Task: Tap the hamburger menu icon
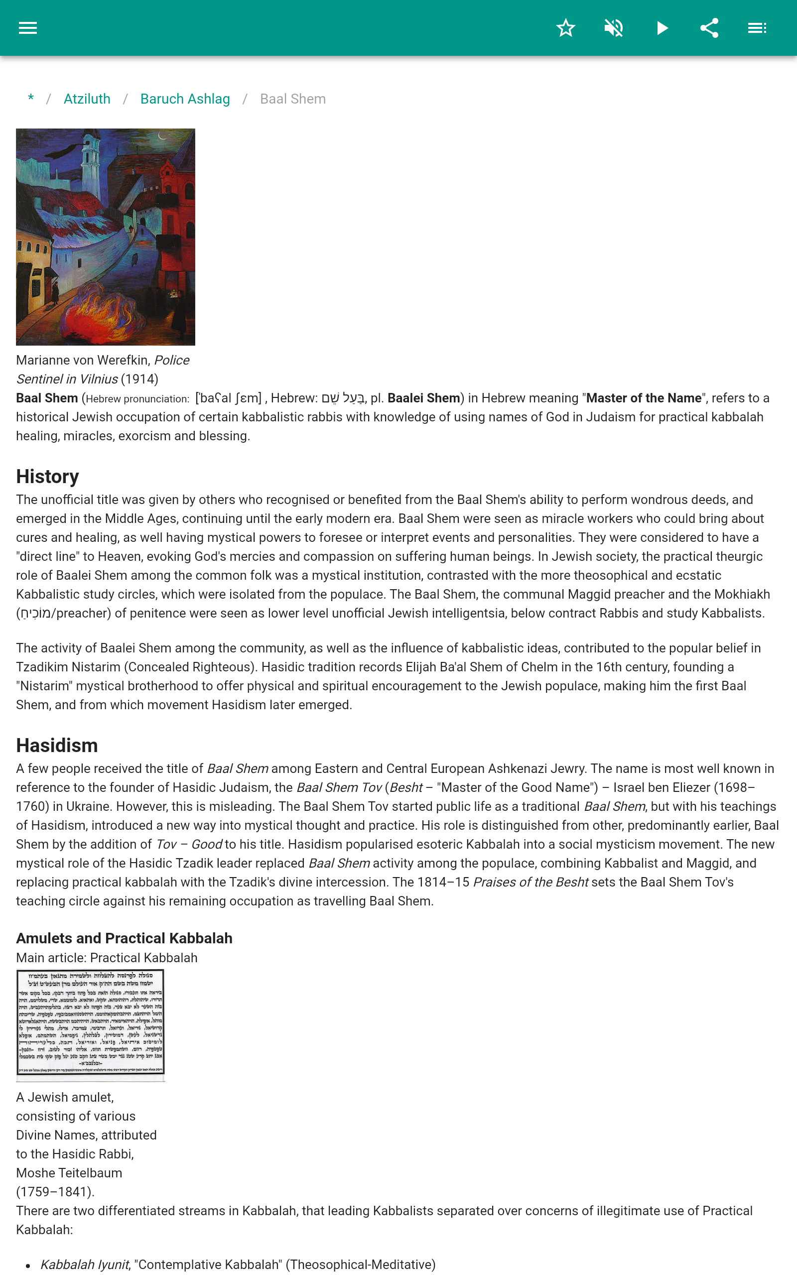pos(28,28)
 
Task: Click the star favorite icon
pos(565,28)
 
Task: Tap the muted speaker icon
pos(614,28)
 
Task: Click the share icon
pos(709,28)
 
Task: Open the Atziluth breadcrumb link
pos(87,99)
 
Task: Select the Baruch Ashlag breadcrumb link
pos(185,99)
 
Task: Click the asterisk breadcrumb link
pos(31,99)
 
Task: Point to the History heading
pos(47,476)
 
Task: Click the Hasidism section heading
pos(57,746)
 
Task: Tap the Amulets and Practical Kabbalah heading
pos(124,938)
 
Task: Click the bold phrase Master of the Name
pos(644,398)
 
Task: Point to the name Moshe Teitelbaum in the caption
pos(69,1173)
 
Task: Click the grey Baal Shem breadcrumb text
pos(292,99)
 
